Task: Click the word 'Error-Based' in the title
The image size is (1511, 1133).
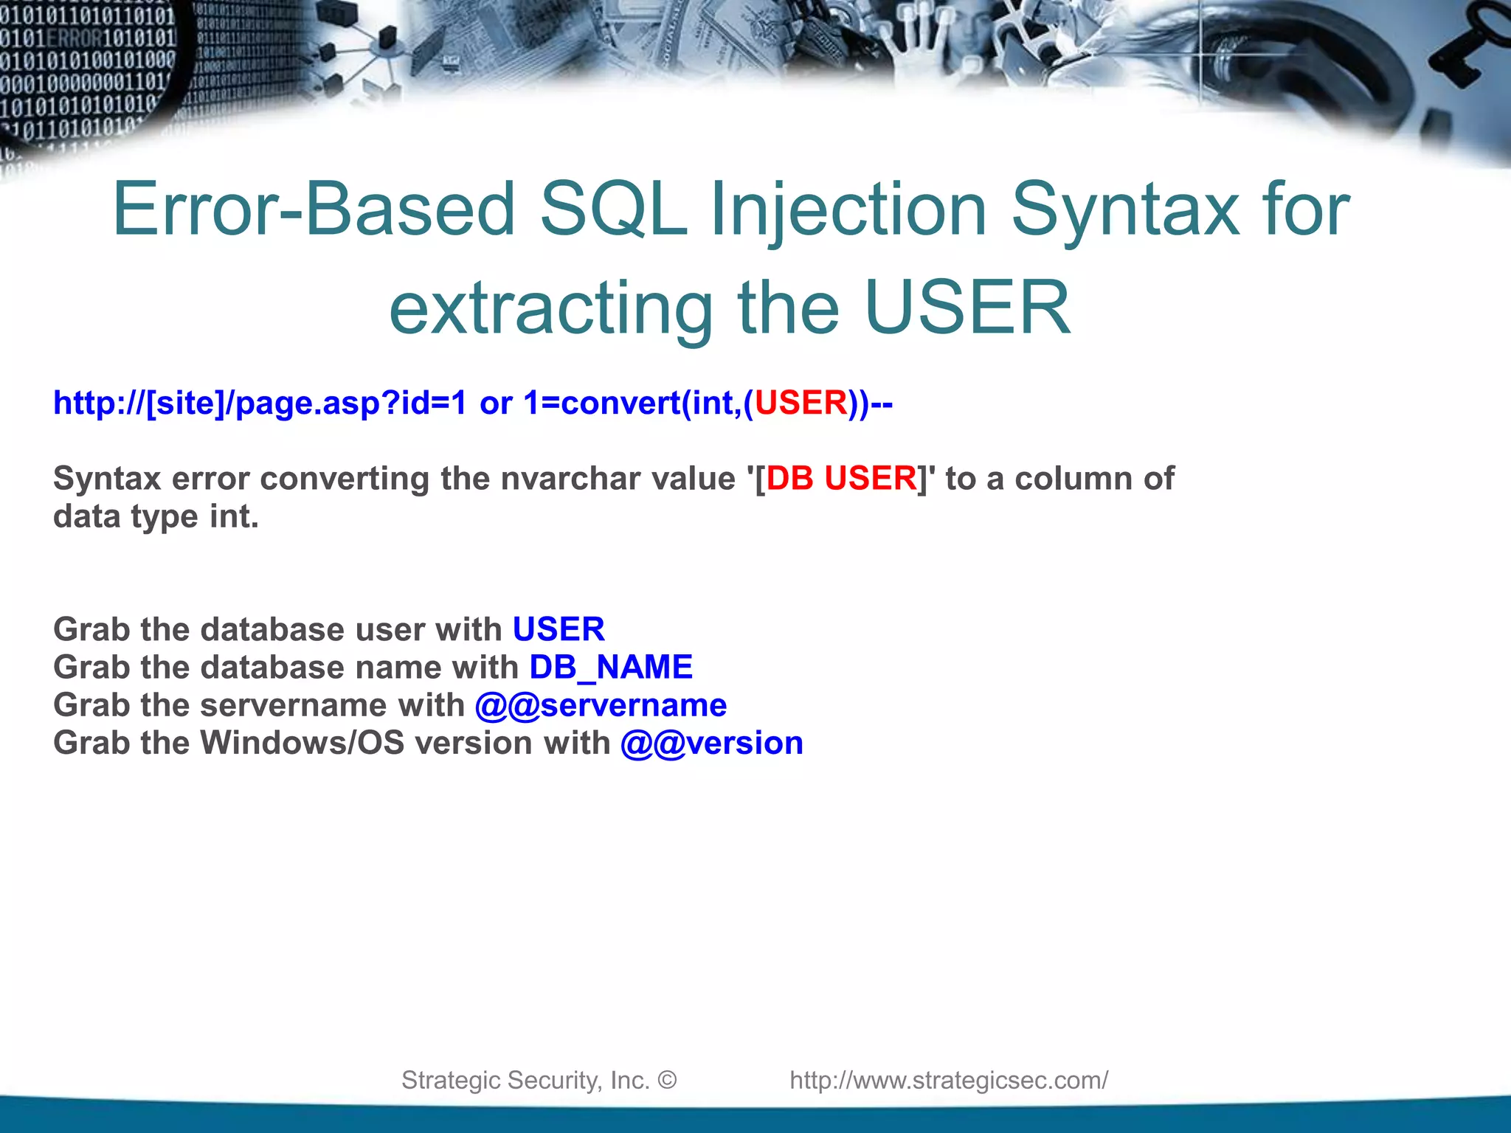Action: click(x=314, y=210)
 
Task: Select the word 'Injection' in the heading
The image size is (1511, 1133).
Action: click(x=848, y=210)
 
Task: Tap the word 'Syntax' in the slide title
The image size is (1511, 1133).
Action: click(x=1125, y=210)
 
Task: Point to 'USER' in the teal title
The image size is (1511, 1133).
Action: click(x=967, y=308)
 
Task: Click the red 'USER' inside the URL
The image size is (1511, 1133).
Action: click(x=801, y=403)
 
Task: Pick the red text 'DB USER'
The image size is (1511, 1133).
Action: click(x=841, y=478)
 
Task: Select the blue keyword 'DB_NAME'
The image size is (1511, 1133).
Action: click(x=611, y=667)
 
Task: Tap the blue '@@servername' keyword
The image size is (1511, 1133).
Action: click(x=601, y=705)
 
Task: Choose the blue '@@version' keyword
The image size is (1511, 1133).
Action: click(x=711, y=743)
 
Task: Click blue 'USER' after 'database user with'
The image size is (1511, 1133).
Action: click(x=559, y=629)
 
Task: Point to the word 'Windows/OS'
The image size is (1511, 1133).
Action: click(x=302, y=743)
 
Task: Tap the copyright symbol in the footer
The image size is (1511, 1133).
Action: click(x=667, y=1080)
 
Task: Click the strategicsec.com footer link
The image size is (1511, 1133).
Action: click(x=949, y=1080)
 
